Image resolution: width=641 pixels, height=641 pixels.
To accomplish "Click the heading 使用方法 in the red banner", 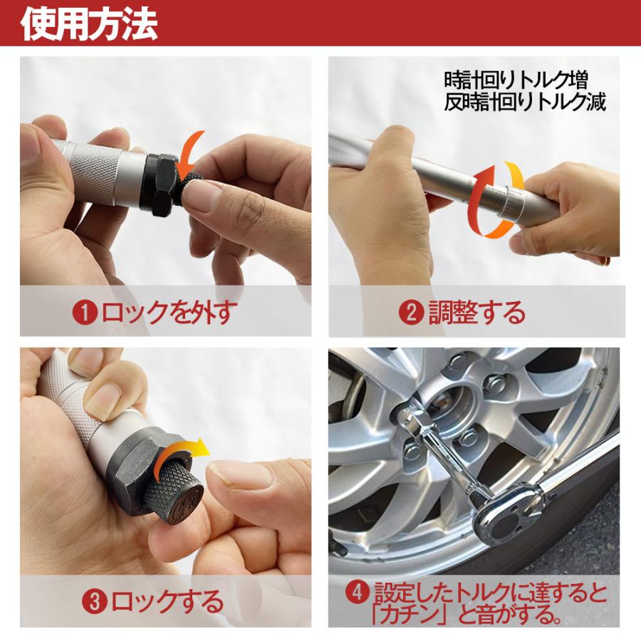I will click(89, 24).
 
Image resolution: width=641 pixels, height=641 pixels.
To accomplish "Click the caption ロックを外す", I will click(167, 312).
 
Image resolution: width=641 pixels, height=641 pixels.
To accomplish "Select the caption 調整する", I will click(476, 312).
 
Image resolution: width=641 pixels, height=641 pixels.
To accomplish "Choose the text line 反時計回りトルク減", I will click(524, 102).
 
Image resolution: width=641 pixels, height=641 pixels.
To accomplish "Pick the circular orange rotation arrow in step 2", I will click(496, 198).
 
